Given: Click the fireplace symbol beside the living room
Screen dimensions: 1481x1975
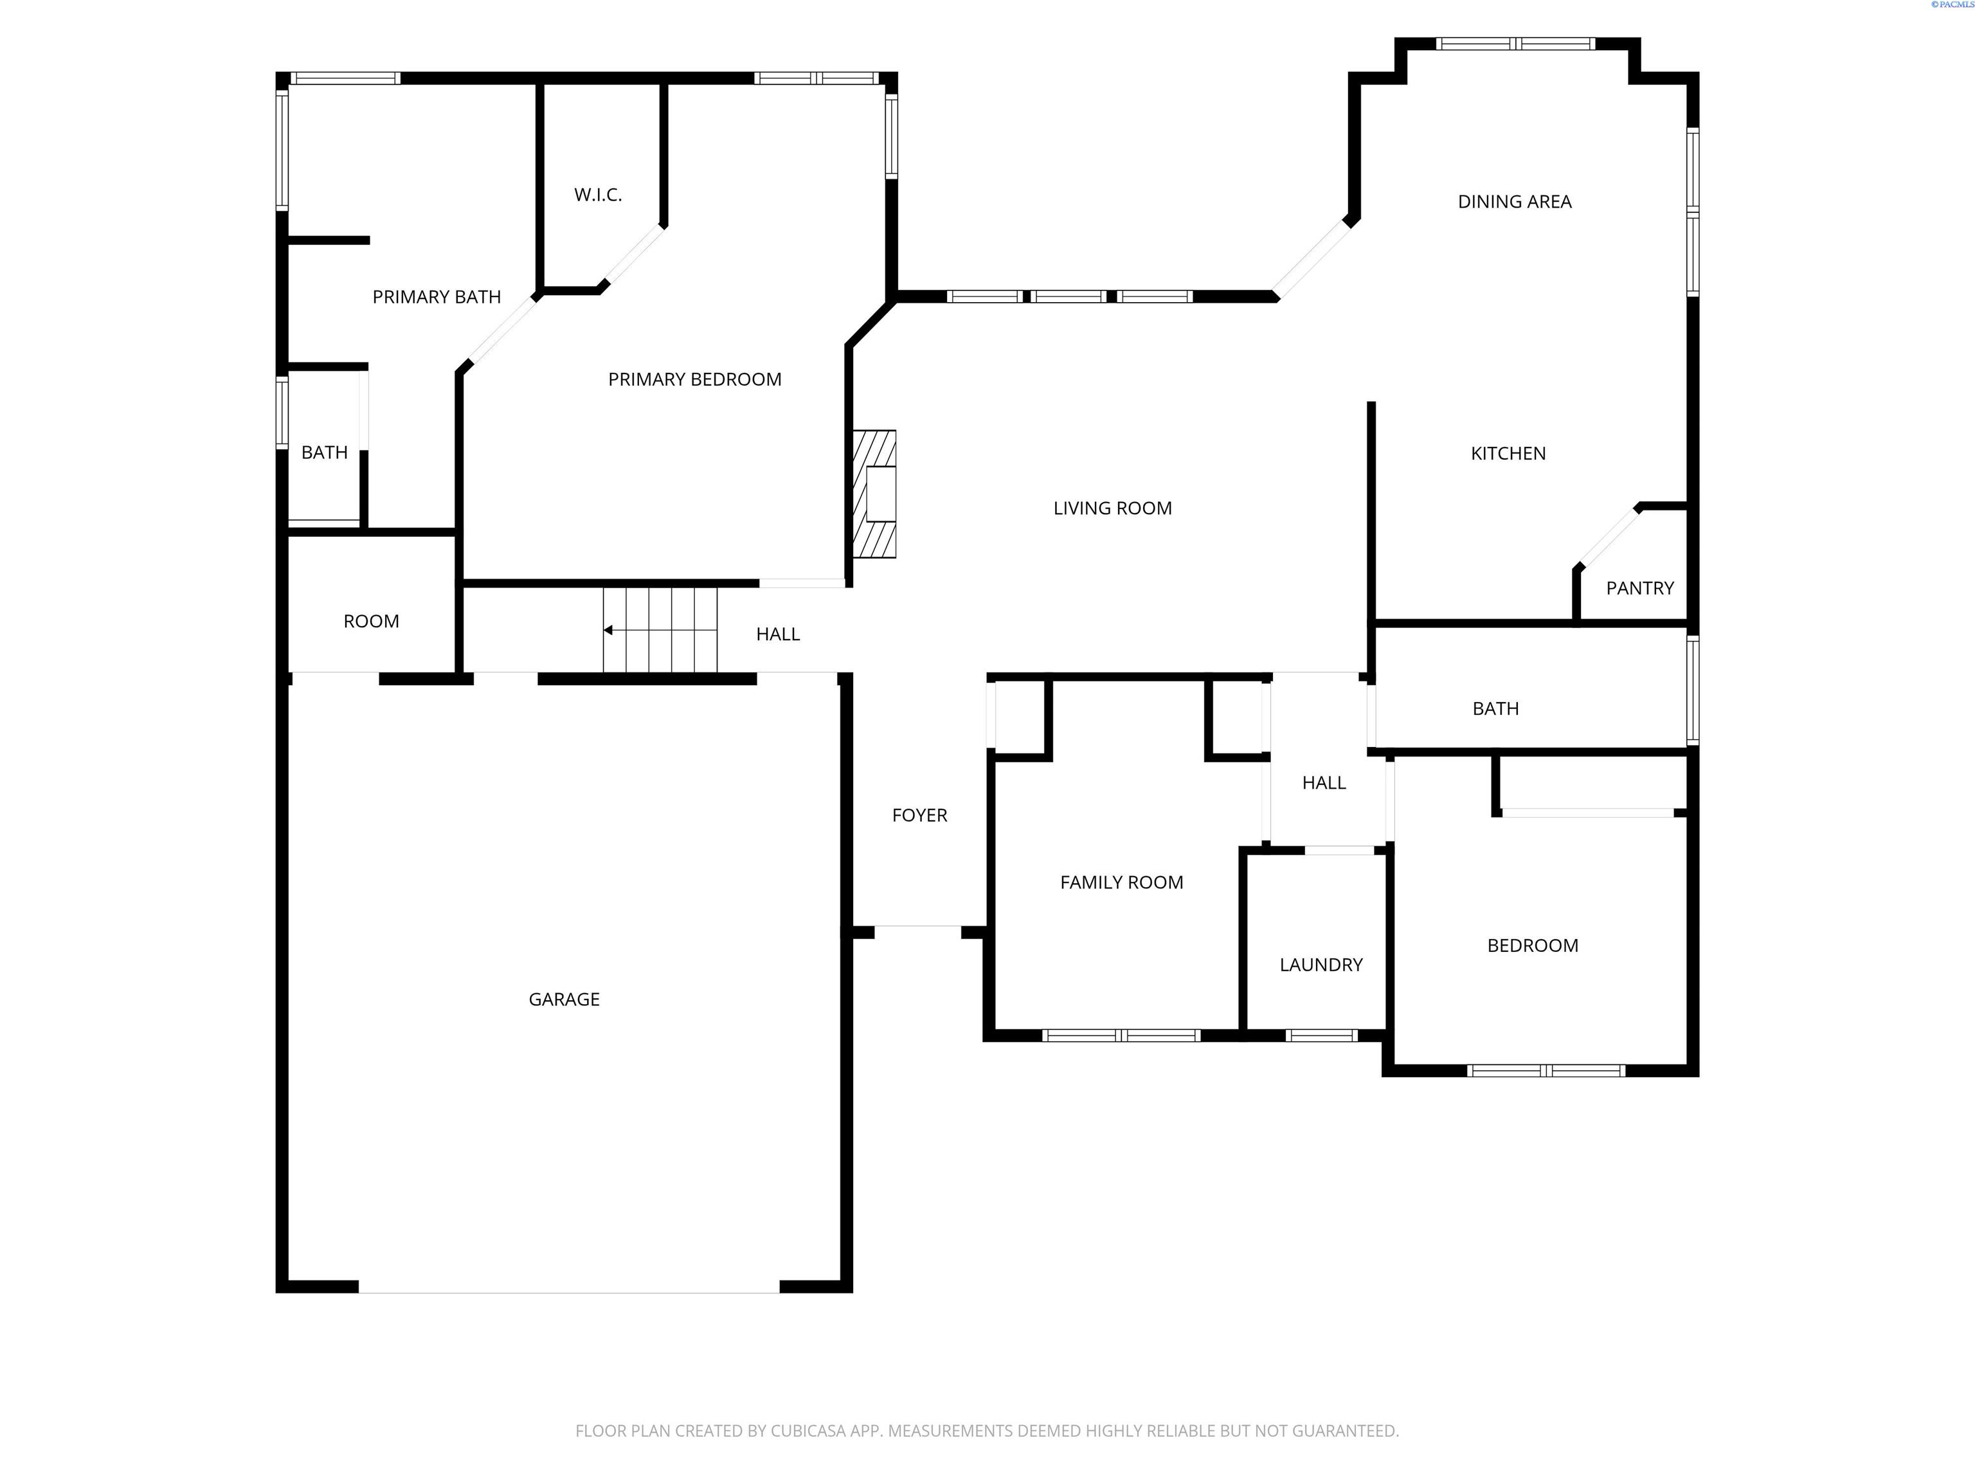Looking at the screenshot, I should pyautogui.click(x=874, y=494).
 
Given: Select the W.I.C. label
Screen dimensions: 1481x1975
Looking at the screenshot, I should pyautogui.click(x=597, y=195).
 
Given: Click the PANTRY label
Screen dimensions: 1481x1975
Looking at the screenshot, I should pyautogui.click(x=1639, y=588).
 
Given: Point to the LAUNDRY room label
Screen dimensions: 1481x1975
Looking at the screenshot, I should pyautogui.click(x=1321, y=965).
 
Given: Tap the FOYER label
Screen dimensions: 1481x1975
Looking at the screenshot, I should pyautogui.click(x=919, y=815).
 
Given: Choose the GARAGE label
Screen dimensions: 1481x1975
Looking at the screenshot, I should pyautogui.click(x=563, y=1000).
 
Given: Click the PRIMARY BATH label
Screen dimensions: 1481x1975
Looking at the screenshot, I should pyautogui.click(x=436, y=297).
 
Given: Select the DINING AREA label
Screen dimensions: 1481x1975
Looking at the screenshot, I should pyautogui.click(x=1514, y=202).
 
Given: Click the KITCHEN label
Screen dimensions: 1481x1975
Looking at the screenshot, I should pyautogui.click(x=1508, y=454).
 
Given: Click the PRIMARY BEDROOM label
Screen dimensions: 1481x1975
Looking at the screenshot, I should pyautogui.click(x=694, y=379).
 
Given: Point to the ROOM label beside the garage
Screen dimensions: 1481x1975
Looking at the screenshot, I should pyautogui.click(x=370, y=622).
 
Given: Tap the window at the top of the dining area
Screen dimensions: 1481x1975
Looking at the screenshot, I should pyautogui.click(x=1515, y=44).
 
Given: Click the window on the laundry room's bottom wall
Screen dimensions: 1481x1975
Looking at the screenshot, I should pyautogui.click(x=1321, y=1036).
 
